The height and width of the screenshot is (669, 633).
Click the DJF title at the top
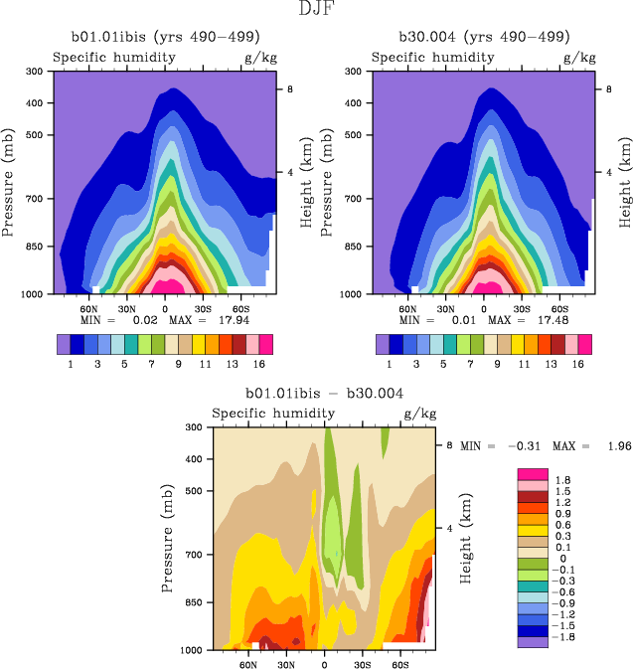[317, 10]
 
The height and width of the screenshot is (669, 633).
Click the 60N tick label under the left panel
[88, 308]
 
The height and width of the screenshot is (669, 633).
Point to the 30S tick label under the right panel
[522, 308]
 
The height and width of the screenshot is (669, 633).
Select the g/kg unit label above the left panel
[260, 58]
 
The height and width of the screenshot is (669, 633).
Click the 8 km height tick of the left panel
[289, 89]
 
